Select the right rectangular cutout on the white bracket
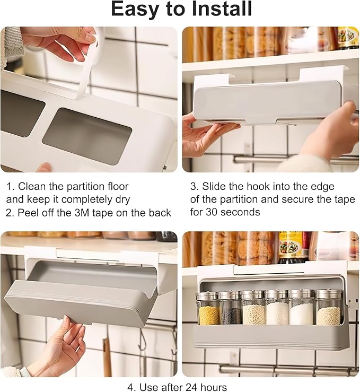click(87, 136)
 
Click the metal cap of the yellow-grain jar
click(206, 296)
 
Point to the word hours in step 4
click(214, 387)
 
